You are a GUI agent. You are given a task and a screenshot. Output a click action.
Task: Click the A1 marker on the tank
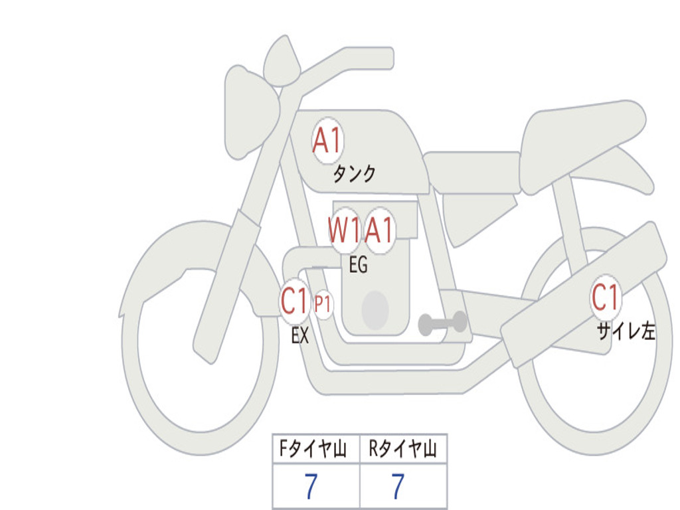(x=327, y=141)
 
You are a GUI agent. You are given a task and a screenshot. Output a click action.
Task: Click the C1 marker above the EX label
(x=295, y=303)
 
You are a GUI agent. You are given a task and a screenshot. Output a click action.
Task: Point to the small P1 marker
(x=323, y=305)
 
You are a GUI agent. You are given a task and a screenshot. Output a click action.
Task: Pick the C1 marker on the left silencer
(x=606, y=298)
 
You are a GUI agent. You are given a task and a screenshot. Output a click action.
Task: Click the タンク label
(x=354, y=174)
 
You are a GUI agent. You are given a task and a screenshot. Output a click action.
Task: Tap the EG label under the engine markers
(x=358, y=266)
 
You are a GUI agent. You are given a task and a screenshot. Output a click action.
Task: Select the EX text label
(x=300, y=336)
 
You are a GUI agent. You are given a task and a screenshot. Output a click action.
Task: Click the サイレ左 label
(x=626, y=331)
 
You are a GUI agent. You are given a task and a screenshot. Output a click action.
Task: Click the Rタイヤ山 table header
(x=403, y=450)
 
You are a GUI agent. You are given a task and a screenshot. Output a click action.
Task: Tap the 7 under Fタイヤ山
(x=310, y=487)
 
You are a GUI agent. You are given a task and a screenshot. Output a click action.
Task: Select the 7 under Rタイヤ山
(x=397, y=487)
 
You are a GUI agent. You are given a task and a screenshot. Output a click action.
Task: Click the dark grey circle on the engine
(x=375, y=310)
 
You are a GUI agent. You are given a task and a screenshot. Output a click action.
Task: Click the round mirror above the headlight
(x=282, y=62)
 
